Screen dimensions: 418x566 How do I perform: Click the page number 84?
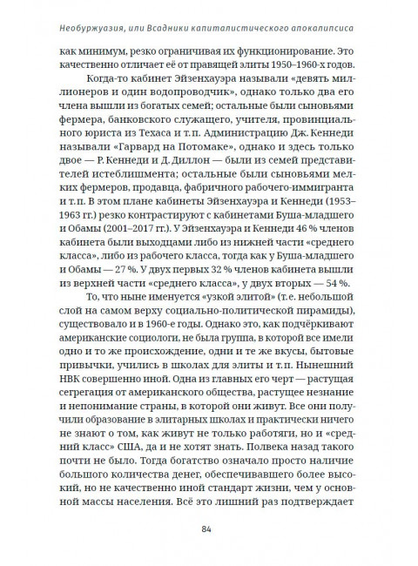click(x=207, y=529)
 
